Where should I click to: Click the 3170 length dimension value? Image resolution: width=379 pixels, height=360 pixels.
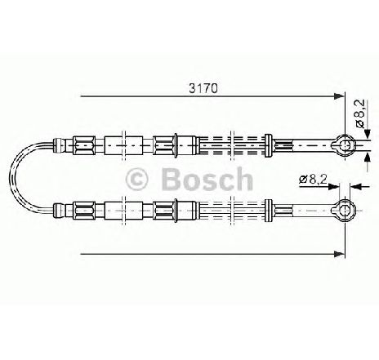(x=203, y=88)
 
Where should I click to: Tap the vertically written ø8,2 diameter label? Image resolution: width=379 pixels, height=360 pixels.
(x=359, y=113)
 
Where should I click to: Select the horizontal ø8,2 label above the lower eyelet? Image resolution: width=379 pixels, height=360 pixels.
(x=313, y=180)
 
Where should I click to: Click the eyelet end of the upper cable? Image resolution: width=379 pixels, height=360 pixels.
(x=344, y=145)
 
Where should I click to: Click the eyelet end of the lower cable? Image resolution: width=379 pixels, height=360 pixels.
(x=344, y=210)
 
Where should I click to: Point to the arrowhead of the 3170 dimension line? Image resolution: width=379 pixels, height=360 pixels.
(x=339, y=96)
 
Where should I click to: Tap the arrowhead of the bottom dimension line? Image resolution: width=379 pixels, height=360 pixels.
(x=339, y=254)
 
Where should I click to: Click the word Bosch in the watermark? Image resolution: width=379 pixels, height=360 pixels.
(x=207, y=179)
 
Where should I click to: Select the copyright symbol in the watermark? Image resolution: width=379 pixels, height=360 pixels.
(x=136, y=179)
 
